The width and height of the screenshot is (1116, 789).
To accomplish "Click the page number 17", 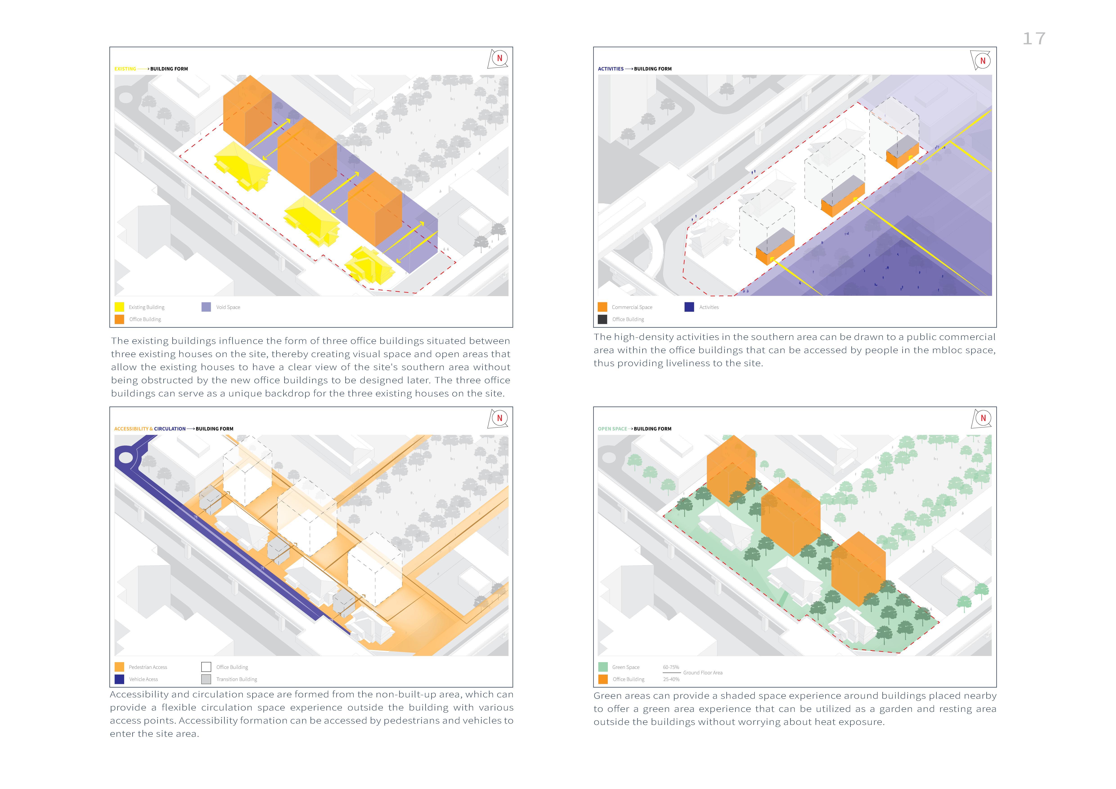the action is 1034,39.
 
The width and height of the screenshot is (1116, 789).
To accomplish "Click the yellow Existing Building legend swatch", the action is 119,307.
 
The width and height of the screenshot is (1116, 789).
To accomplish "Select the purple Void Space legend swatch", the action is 206,307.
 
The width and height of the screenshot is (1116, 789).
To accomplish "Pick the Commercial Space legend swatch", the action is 602,307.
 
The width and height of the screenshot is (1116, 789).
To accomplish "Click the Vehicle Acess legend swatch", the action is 119,679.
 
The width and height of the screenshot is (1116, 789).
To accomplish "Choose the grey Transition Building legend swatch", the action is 206,679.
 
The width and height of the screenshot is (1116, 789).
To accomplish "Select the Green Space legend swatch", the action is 603,667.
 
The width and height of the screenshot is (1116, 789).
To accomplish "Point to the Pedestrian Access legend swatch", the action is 119,667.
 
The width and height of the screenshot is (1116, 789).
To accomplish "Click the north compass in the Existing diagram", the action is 499,59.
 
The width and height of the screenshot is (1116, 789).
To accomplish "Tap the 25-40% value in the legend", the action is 671,679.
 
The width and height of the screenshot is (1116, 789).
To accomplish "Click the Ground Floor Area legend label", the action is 703,673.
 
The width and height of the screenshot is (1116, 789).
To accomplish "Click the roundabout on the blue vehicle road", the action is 125,458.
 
